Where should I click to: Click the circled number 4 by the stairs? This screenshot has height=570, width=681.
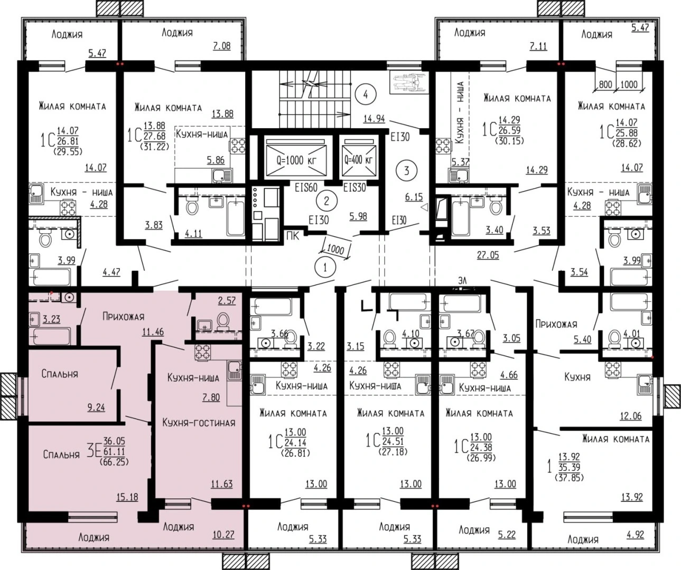tap(366, 94)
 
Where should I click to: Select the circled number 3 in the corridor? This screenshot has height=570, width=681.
tap(406, 170)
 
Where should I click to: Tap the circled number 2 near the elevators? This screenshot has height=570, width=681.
tap(326, 201)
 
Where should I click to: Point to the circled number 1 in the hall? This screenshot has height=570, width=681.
tap(325, 268)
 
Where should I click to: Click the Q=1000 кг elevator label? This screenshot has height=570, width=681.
tap(296, 160)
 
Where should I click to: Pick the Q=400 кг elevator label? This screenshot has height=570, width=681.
tap(358, 160)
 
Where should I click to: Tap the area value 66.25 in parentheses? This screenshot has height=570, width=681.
tap(114, 462)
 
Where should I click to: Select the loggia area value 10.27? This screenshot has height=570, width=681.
tap(223, 535)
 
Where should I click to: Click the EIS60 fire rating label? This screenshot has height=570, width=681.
tap(306, 187)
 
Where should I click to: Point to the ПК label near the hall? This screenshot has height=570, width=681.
tap(292, 236)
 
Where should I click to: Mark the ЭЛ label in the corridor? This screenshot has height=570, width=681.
tap(462, 280)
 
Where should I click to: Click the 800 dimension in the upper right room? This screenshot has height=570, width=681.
tap(605, 84)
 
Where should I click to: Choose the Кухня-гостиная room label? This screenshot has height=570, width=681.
tap(199, 423)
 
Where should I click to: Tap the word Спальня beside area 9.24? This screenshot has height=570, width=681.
tap(60, 374)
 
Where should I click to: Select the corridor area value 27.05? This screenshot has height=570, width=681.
tap(488, 255)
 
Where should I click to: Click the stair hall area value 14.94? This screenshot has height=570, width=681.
tap(374, 119)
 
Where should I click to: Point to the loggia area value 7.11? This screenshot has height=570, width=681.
tap(538, 46)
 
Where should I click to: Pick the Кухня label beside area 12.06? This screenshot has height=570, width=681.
tap(577, 377)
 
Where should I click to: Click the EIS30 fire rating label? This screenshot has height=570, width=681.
tap(355, 188)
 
